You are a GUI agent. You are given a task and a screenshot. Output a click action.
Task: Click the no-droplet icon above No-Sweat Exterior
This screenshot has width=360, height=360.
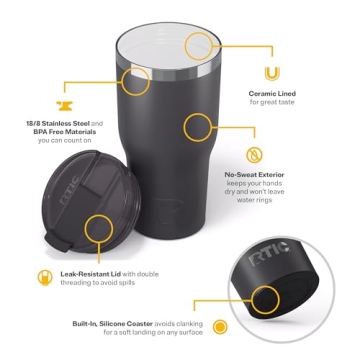click(255, 154)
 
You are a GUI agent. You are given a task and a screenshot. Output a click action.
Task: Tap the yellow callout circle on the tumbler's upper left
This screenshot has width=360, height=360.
click(136, 82)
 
